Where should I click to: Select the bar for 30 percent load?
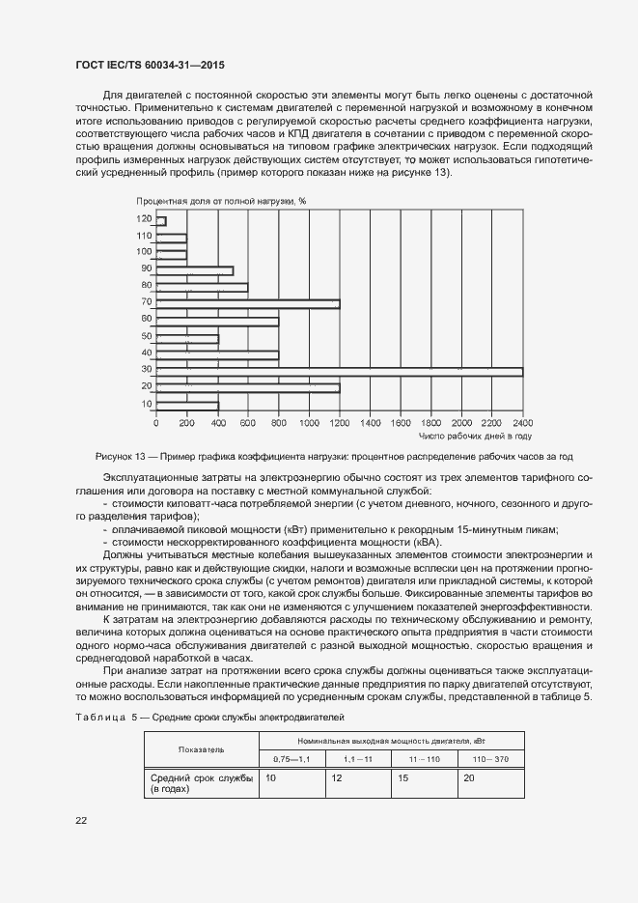click(x=339, y=371)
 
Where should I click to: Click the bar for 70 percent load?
click(x=247, y=304)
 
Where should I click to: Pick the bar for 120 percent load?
click(x=161, y=221)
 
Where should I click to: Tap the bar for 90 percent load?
click(x=194, y=270)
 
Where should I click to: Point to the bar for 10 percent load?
click(x=187, y=405)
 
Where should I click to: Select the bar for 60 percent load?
click(x=217, y=321)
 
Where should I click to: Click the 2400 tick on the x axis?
click(x=522, y=422)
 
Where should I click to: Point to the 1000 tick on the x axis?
click(x=309, y=422)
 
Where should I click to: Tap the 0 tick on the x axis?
click(x=156, y=422)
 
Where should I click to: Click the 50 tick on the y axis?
click(x=147, y=337)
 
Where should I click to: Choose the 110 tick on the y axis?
click(x=145, y=237)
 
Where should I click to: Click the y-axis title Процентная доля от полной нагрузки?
click(x=221, y=201)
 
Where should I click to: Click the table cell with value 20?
click(x=468, y=777)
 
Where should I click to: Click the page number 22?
click(x=81, y=821)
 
